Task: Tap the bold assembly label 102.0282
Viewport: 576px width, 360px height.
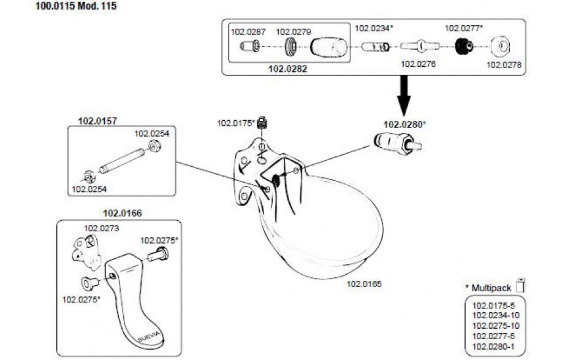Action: [287, 69]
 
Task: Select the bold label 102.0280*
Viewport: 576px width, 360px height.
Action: [404, 124]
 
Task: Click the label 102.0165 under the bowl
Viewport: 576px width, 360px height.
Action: [364, 284]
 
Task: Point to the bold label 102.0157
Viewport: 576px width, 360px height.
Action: [93, 121]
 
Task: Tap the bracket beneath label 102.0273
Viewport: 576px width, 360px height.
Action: [87, 250]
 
